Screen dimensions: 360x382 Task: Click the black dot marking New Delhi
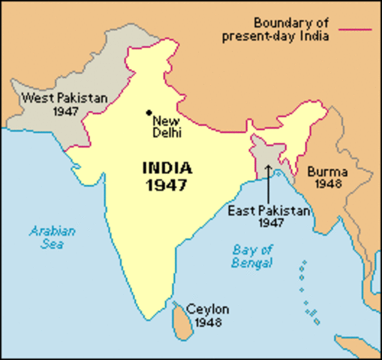pyautogui.click(x=149, y=113)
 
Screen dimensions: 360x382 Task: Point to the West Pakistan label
pyautogui.click(x=65, y=97)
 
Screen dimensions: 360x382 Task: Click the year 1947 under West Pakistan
pyautogui.click(x=66, y=111)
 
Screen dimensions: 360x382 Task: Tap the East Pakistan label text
pyautogui.click(x=269, y=211)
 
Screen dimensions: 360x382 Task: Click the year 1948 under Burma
pyautogui.click(x=329, y=183)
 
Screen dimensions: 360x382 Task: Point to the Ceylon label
pyautogui.click(x=208, y=309)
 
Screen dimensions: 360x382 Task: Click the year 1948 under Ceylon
pyautogui.click(x=208, y=322)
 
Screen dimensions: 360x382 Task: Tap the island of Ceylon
pyautogui.click(x=179, y=319)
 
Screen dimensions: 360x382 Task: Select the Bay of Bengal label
pyautogui.click(x=251, y=256)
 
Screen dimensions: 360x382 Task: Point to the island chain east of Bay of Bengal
pyautogui.click(x=306, y=289)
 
